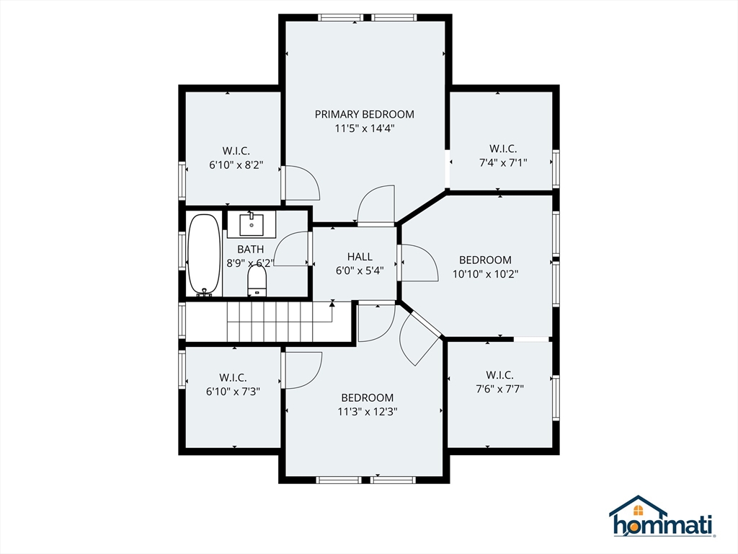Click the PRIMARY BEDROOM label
click(364, 114)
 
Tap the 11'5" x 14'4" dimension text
click(364, 128)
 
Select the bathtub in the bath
click(204, 255)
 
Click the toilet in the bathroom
click(257, 281)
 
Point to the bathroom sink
click(252, 224)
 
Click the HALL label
click(360, 257)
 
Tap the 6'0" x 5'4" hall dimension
click(360, 271)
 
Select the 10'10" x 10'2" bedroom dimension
click(485, 274)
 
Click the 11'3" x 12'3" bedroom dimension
click(367, 412)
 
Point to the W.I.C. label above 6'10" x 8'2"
click(236, 151)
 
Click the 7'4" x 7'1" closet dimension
click(502, 163)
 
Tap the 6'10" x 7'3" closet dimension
click(233, 392)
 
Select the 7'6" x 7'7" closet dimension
click(499, 389)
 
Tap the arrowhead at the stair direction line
click(332, 304)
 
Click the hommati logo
click(662, 516)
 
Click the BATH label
click(250, 249)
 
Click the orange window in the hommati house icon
click(639, 510)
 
